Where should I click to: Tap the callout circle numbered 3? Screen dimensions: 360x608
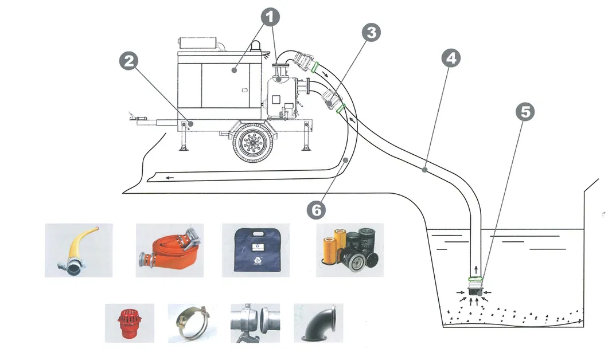coord(372,33)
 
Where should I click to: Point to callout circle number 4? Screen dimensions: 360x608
coord(451,57)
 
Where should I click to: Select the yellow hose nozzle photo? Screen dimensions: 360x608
coord(79,251)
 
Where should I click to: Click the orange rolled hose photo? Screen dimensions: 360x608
coord(170,251)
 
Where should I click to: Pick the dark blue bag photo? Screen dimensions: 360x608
coord(256,251)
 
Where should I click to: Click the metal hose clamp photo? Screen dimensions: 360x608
coord(191,323)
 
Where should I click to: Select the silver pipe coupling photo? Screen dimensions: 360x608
coord(255,323)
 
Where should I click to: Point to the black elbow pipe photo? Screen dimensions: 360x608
coord(318,323)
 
